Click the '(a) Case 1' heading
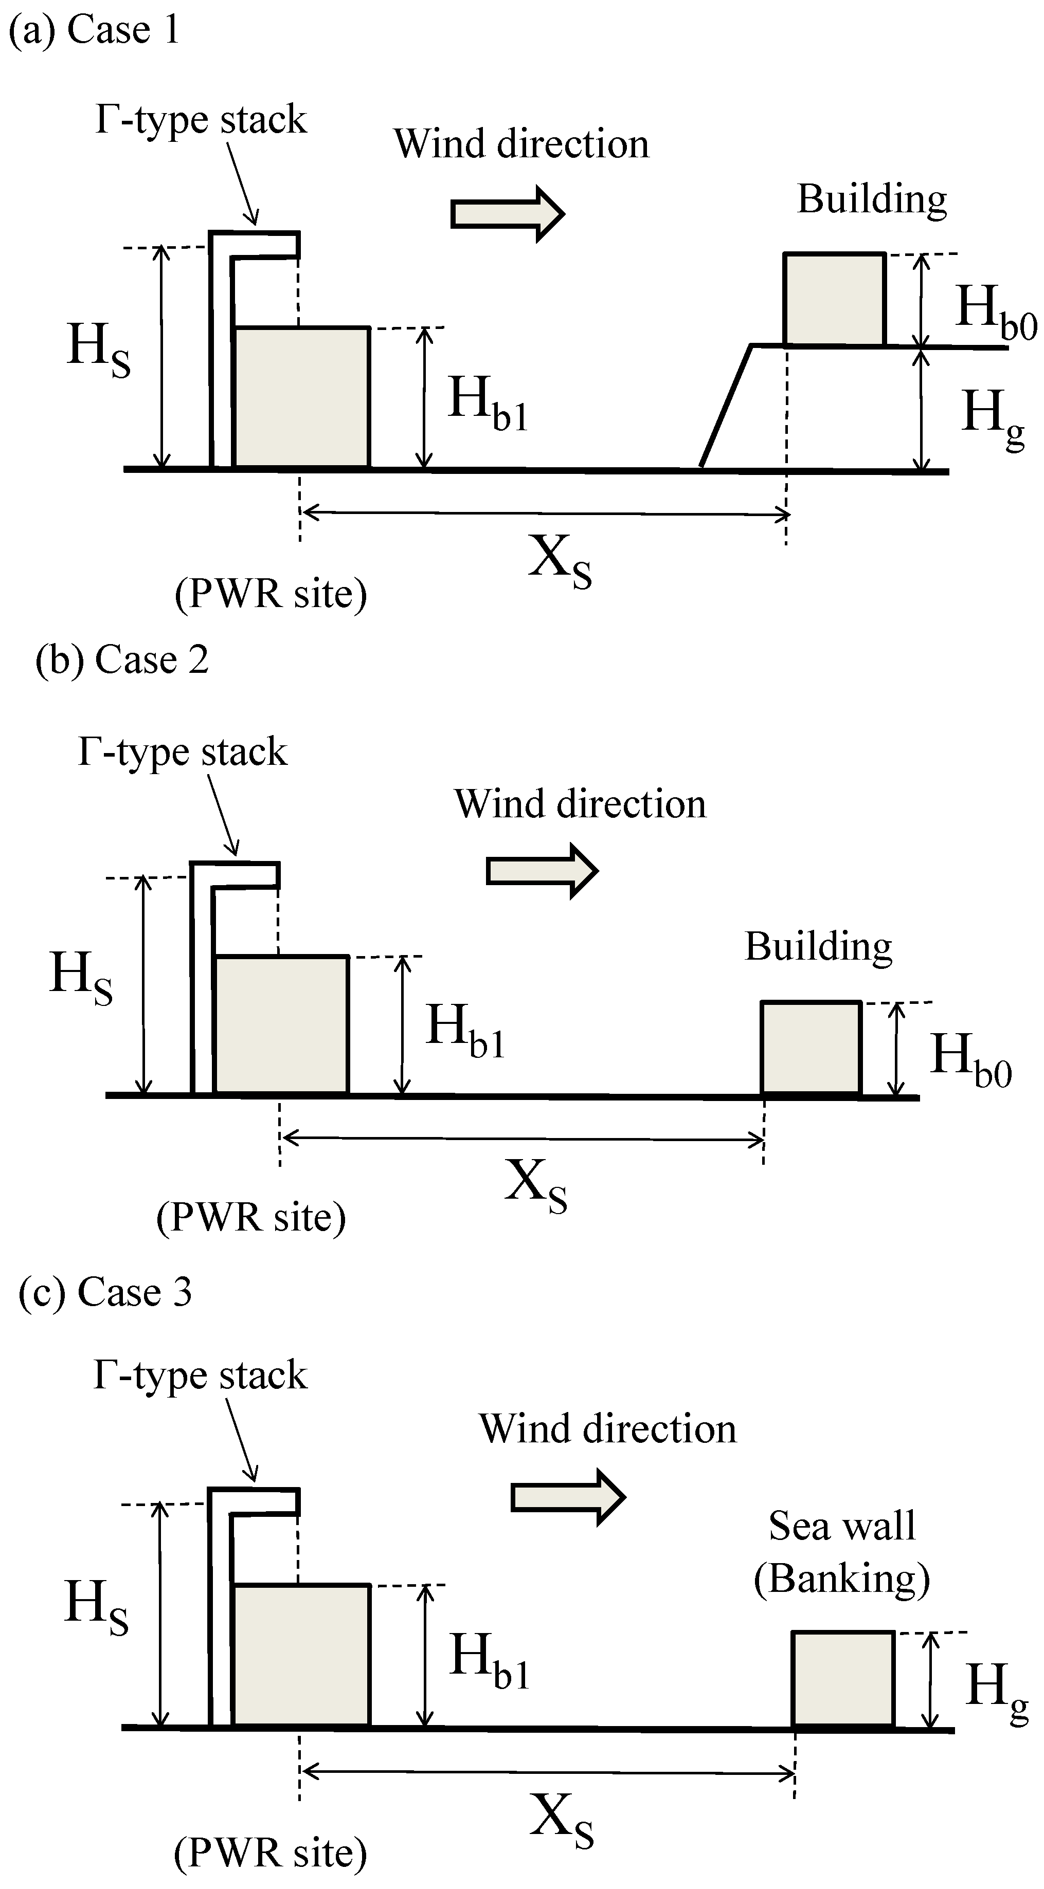point(94,31)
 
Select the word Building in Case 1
point(872,199)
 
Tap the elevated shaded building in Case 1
point(834,299)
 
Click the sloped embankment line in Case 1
point(725,408)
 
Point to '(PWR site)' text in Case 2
point(251,1217)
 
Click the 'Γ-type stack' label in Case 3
point(200,1375)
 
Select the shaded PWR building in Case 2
point(281,1025)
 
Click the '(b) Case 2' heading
point(122,660)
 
